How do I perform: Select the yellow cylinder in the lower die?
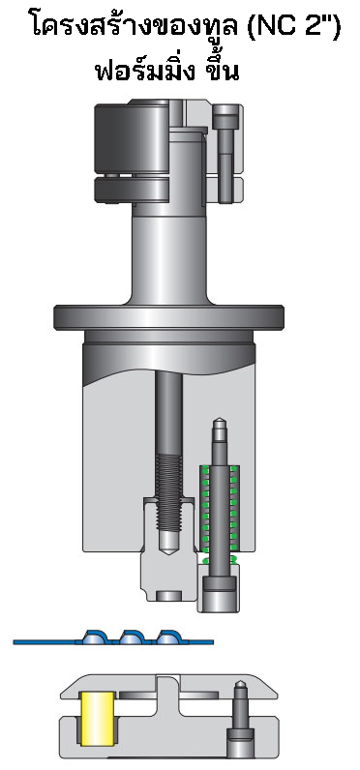[97, 718]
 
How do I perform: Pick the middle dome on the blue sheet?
[132, 637]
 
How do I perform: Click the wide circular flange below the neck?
[172, 316]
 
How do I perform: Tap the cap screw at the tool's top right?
[225, 145]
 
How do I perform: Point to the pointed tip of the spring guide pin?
[220, 422]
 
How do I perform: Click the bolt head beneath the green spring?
[220, 591]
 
